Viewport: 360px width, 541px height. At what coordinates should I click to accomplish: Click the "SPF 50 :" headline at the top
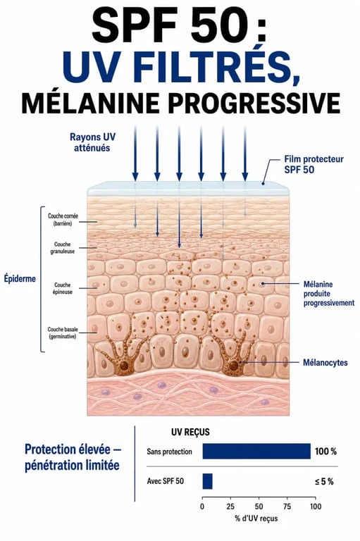click(179, 25)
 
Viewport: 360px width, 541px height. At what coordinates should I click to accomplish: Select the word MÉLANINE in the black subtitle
click(90, 102)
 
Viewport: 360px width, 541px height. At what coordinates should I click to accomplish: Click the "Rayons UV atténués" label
click(92, 142)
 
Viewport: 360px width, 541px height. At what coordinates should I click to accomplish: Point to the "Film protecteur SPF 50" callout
click(314, 164)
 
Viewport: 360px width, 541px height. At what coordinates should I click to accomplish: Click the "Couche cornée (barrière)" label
click(63, 220)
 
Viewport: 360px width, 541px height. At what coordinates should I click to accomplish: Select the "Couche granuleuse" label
click(63, 248)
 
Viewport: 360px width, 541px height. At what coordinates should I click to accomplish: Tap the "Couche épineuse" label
click(63, 288)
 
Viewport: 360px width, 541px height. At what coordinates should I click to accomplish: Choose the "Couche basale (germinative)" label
click(63, 332)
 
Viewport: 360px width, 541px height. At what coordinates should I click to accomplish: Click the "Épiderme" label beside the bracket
click(20, 278)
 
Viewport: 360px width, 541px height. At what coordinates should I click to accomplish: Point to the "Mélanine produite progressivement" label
click(329, 294)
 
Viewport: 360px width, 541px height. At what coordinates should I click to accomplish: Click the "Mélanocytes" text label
click(325, 363)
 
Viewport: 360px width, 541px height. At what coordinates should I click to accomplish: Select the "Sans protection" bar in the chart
click(256, 452)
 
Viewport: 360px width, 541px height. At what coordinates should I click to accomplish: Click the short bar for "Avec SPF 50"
click(207, 481)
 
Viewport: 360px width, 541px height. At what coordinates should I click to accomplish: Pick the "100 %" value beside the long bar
click(325, 452)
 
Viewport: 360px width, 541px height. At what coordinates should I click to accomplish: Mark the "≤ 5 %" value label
click(324, 481)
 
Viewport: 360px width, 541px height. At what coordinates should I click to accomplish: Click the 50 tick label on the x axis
click(259, 506)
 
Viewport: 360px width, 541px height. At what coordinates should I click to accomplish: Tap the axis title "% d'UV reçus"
click(256, 518)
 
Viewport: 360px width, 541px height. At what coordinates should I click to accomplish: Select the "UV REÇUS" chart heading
click(190, 433)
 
